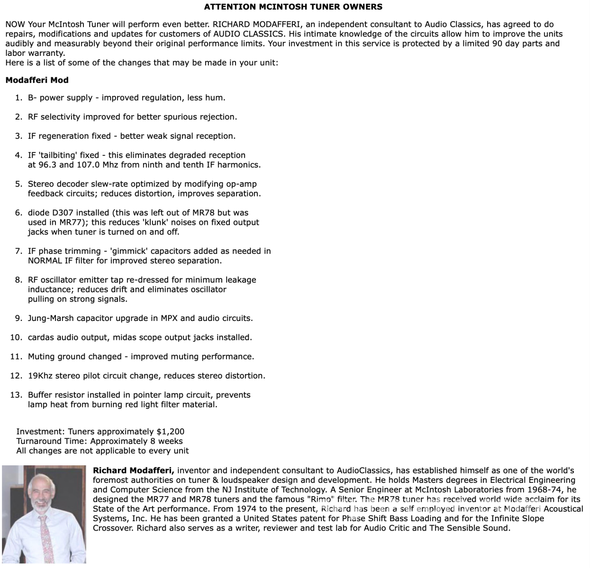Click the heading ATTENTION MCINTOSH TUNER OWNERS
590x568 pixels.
point(293,7)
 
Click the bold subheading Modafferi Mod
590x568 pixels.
point(37,80)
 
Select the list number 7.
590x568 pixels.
point(18,251)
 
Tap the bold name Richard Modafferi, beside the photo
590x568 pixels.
point(134,470)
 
